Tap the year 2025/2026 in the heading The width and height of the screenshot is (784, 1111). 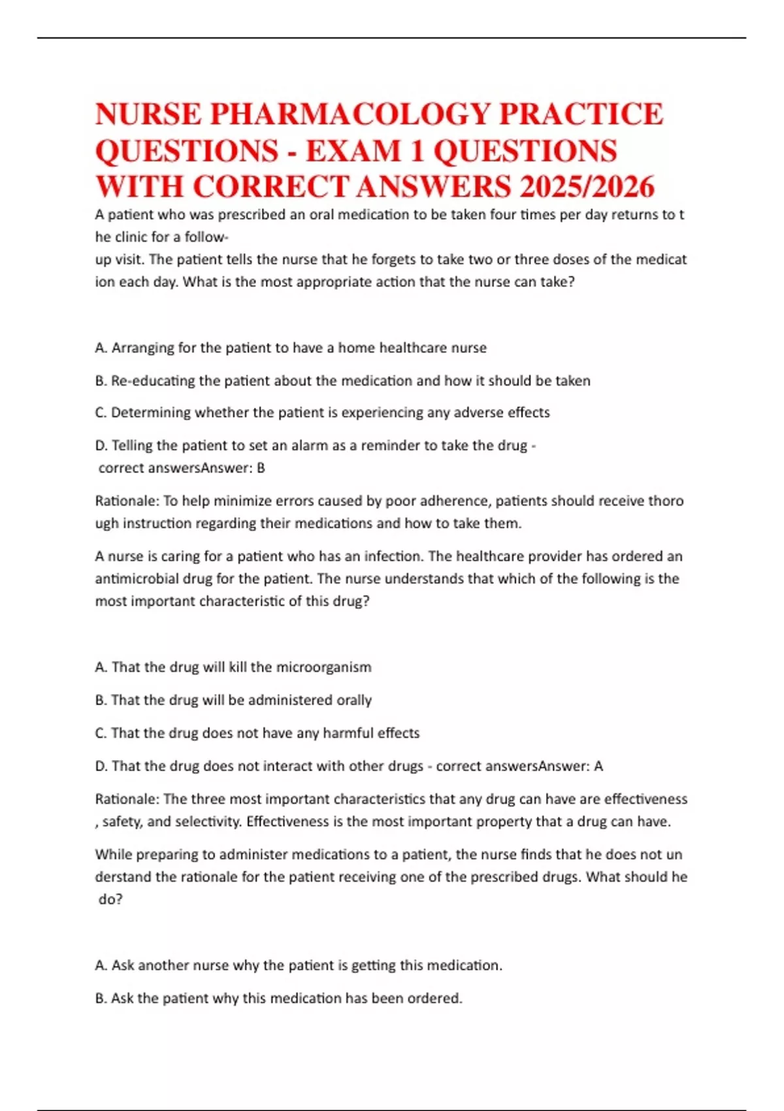tap(587, 187)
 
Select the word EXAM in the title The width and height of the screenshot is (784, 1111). tap(353, 151)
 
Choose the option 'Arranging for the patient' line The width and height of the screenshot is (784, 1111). tap(291, 348)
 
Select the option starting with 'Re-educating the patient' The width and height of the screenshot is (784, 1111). tap(343, 380)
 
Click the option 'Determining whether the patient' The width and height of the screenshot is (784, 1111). tap(323, 412)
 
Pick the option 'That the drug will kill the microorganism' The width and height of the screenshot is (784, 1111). tap(233, 667)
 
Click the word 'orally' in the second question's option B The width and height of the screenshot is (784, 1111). tap(353, 700)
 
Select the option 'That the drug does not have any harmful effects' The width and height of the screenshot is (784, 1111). tap(257, 733)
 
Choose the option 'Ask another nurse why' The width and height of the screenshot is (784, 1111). tap(299, 965)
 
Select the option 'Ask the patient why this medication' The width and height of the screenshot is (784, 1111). tap(279, 999)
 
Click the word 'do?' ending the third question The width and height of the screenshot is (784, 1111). tap(110, 899)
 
